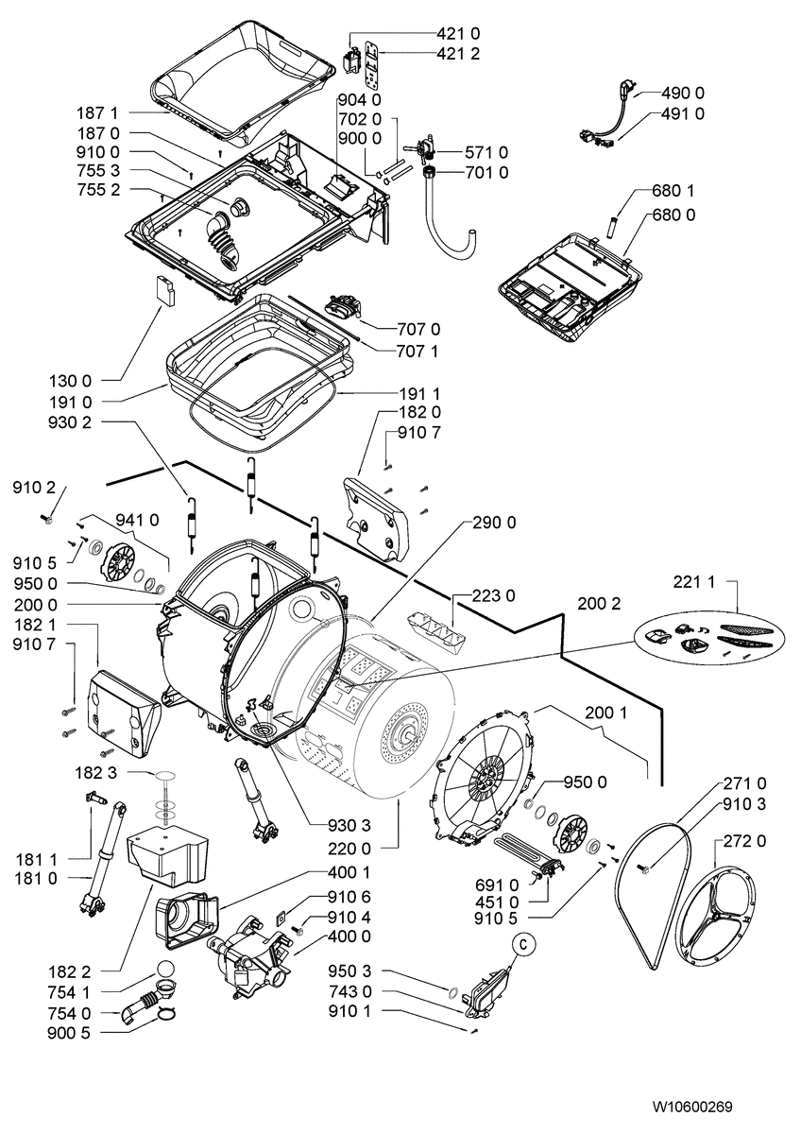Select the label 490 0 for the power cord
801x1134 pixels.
click(682, 93)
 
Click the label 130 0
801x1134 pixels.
click(70, 381)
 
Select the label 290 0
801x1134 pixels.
click(494, 523)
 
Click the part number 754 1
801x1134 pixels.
click(71, 992)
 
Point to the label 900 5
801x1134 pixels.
click(71, 1033)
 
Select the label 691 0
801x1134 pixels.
click(500, 885)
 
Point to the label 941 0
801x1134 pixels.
click(137, 519)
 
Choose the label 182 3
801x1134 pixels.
click(98, 773)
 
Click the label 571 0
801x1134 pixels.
click(486, 152)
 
